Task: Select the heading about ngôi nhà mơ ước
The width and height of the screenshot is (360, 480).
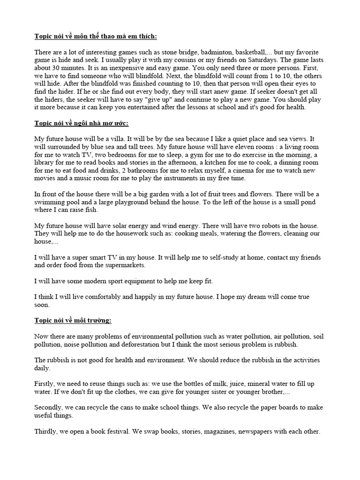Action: [x=81, y=123]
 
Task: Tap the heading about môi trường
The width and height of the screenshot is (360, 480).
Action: [x=73, y=321]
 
